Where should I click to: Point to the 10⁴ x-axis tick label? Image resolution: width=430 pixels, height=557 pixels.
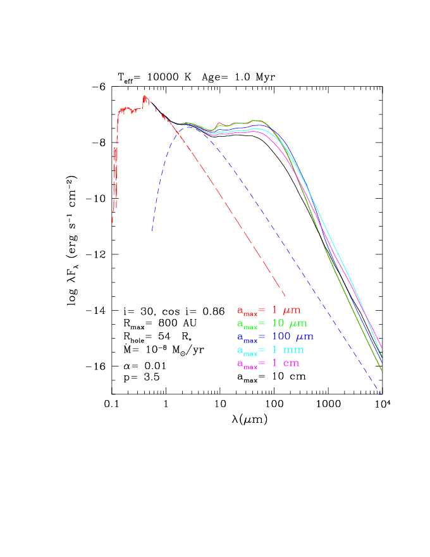[381, 404]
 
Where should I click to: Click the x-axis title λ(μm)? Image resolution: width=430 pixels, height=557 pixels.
[247, 419]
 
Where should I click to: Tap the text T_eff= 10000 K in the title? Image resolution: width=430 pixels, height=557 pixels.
[154, 76]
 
